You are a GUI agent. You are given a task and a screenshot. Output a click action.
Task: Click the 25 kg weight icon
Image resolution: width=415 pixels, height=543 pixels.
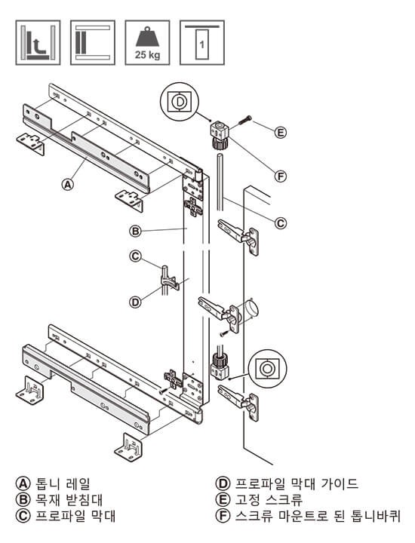[147, 42]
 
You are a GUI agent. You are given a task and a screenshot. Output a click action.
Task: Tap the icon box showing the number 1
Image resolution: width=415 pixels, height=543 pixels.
[202, 42]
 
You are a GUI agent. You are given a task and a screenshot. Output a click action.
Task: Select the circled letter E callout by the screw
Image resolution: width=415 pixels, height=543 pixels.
[280, 132]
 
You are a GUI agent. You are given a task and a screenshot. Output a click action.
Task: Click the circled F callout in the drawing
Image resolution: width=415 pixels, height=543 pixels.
[280, 176]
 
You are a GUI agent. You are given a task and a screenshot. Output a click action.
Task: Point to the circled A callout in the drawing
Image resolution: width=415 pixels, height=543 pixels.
[68, 184]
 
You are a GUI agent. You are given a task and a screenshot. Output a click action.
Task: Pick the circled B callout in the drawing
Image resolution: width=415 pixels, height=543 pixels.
[136, 231]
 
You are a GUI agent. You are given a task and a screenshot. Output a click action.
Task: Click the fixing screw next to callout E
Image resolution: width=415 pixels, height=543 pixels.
[244, 121]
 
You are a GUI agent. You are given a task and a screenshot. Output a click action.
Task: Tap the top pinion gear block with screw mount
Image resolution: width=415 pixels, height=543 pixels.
[219, 135]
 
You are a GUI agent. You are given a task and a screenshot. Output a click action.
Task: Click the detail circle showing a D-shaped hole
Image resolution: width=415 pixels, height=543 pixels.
[180, 102]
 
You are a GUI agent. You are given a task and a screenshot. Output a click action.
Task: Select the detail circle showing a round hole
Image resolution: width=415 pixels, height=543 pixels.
[267, 368]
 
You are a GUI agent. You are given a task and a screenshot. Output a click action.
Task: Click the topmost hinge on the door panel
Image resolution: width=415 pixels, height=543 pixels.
[239, 237]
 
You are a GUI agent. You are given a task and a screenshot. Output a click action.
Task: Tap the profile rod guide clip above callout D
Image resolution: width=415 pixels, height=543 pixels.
[169, 281]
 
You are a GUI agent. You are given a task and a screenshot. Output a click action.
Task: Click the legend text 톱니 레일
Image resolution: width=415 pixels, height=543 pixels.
[63, 483]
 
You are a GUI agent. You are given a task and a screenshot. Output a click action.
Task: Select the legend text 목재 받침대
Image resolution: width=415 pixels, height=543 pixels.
[69, 500]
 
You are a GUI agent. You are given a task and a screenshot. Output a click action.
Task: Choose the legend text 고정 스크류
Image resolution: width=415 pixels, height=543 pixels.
[269, 500]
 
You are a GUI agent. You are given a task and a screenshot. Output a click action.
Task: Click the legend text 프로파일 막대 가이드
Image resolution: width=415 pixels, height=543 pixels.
[297, 483]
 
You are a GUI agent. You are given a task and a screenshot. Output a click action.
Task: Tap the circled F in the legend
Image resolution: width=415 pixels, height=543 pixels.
[223, 516]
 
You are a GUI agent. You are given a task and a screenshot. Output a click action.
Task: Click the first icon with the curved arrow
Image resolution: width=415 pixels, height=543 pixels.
[38, 42]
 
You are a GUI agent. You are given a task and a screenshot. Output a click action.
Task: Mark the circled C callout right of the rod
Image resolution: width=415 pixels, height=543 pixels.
[281, 223]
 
